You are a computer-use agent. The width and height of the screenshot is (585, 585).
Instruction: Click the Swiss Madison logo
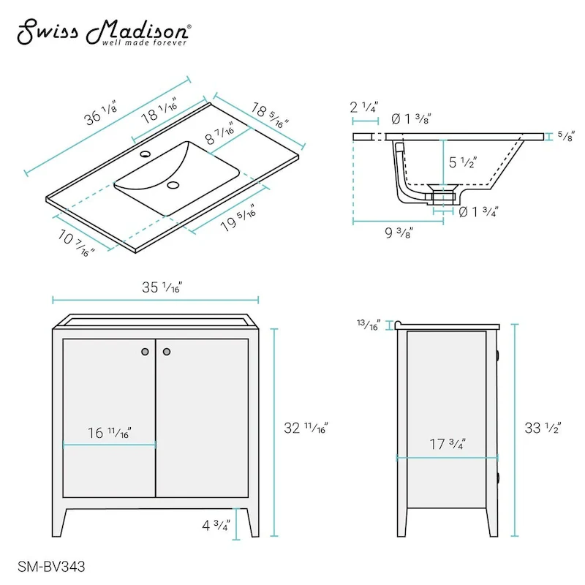pos(105,32)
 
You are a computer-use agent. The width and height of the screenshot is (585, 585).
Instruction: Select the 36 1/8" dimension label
pos(99,116)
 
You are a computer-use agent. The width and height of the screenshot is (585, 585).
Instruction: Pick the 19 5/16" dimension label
pos(240,215)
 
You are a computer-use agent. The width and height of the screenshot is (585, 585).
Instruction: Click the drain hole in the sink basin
pos(173,185)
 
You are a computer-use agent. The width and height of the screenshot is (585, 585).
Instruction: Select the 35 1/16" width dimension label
pos(162,287)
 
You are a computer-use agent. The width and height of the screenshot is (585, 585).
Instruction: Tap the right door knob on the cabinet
pos(166,352)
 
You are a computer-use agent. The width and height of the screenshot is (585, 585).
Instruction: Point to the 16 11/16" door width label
pos(110,433)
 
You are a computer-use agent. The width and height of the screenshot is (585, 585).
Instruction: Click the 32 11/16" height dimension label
pos(306,429)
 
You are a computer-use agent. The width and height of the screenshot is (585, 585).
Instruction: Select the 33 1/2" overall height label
pos(541,429)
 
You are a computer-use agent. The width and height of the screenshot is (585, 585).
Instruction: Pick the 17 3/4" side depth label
pos(448,445)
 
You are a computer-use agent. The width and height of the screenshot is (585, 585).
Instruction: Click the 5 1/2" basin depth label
pos(464,162)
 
